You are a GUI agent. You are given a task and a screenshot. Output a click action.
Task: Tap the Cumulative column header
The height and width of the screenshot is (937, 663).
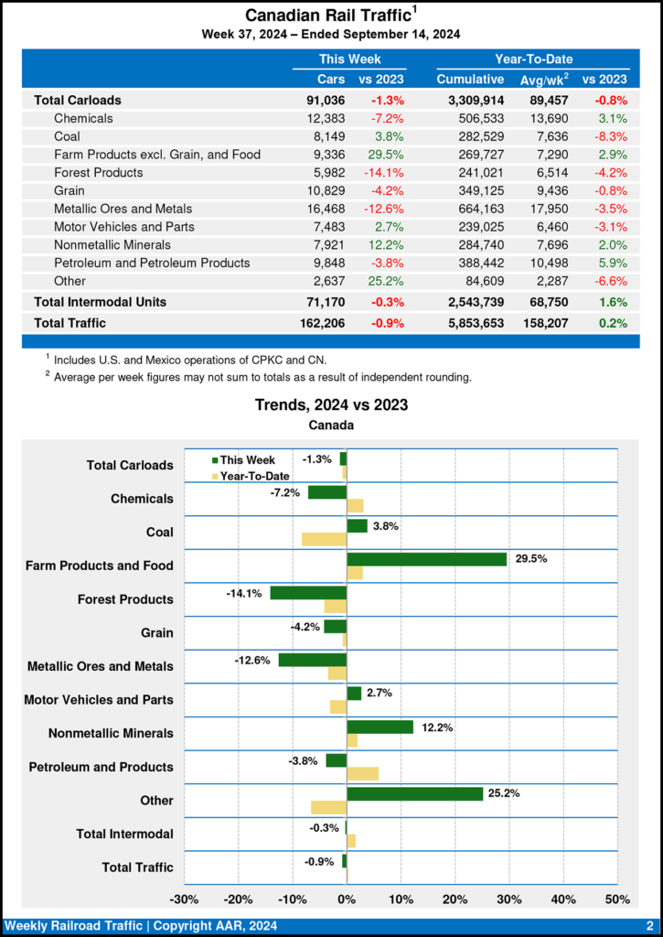pyautogui.click(x=470, y=80)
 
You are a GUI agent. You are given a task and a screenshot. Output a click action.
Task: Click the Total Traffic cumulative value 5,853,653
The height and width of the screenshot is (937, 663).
pyautogui.click(x=470, y=323)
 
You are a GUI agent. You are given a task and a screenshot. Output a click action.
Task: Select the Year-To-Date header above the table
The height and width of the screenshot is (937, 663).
pyautogui.click(x=534, y=59)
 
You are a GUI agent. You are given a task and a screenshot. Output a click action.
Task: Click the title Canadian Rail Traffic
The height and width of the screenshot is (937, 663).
pyautogui.click(x=326, y=16)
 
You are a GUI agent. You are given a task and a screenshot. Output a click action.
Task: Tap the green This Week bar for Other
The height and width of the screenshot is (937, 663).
pyautogui.click(x=414, y=793)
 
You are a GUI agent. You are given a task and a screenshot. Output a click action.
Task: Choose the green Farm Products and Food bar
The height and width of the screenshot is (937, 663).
pyautogui.click(x=426, y=558)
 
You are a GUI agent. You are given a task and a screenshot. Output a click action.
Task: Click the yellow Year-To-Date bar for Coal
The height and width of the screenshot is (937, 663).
pyautogui.click(x=324, y=539)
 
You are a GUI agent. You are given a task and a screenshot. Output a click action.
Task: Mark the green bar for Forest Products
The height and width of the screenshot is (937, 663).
pyautogui.click(x=308, y=592)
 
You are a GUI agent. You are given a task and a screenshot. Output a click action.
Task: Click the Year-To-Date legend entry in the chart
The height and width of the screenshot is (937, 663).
pyautogui.click(x=248, y=475)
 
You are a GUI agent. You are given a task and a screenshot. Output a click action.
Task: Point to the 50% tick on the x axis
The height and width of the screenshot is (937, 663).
pyautogui.click(x=617, y=899)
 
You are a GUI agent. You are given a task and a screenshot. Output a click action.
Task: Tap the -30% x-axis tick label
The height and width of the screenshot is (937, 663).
pyautogui.click(x=186, y=899)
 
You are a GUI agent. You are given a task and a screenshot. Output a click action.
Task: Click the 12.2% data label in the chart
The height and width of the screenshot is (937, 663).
pyautogui.click(x=436, y=727)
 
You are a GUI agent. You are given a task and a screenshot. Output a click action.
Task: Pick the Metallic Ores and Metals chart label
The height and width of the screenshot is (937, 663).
pyautogui.click(x=100, y=666)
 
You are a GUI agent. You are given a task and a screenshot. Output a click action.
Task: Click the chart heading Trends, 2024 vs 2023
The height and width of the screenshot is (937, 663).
pyautogui.click(x=331, y=404)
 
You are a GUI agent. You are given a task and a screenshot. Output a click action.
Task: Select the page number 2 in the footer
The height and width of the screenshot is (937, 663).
pyautogui.click(x=649, y=926)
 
